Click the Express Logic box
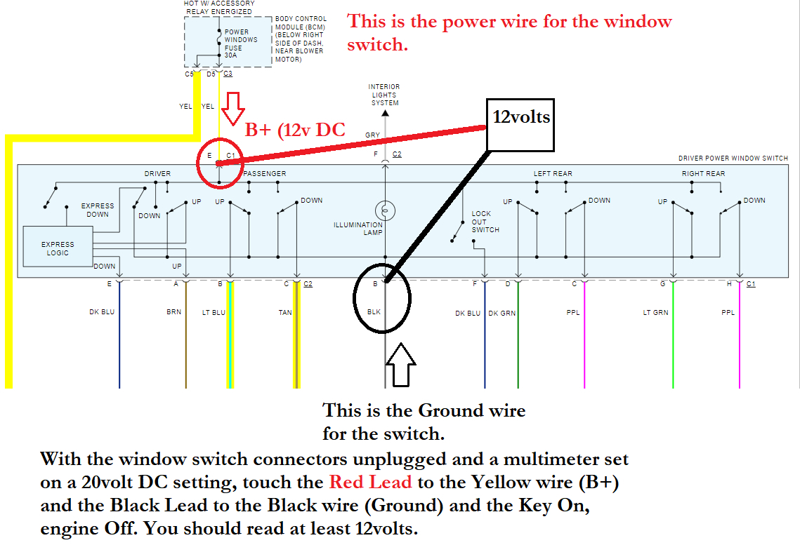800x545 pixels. tap(58, 247)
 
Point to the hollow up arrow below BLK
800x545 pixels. tap(401, 365)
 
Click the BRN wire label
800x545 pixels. tap(173, 311)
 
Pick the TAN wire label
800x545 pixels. tap(284, 312)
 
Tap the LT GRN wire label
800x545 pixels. tap(655, 312)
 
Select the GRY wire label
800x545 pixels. tap(372, 135)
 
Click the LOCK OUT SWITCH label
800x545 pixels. tap(485, 222)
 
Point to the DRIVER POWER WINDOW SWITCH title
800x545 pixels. tap(733, 159)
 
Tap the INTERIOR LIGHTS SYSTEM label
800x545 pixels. tap(384, 95)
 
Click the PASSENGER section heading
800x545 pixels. tap(265, 173)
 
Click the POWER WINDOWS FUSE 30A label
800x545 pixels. tap(240, 43)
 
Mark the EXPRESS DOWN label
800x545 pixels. tap(98, 210)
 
